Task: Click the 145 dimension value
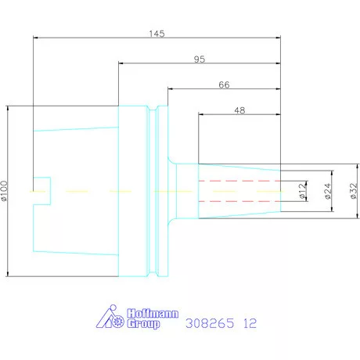[157, 34]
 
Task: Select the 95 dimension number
[200, 59]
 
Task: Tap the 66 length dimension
[224, 85]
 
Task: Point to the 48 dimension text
[239, 110]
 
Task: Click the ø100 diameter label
[5, 191]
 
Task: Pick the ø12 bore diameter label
[302, 191]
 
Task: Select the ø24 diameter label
[328, 191]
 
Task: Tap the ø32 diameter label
[353, 191]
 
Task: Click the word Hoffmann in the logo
[153, 313]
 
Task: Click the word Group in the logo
[143, 324]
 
